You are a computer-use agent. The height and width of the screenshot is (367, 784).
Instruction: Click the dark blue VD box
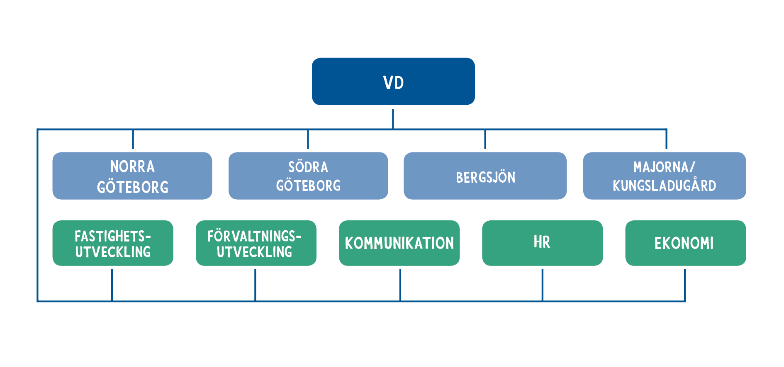pos(393,81)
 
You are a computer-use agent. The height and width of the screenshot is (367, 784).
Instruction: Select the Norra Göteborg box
pos(132,176)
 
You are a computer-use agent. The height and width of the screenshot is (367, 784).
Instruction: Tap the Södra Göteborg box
pos(308,176)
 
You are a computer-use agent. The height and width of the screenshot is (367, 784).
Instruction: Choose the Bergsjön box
pos(485,176)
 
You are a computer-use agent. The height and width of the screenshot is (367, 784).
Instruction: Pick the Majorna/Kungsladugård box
pos(665,176)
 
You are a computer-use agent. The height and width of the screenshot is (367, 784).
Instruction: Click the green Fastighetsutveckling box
pos(113,243)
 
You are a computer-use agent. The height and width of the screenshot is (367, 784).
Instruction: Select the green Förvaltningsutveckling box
pos(256,243)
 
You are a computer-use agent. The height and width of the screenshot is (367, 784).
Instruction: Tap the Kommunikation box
pos(399,243)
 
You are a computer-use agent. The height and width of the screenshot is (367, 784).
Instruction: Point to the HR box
pos(542,243)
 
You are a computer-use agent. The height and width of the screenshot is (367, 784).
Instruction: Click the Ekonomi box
pos(686,243)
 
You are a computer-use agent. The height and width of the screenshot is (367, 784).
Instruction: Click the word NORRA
pos(132,167)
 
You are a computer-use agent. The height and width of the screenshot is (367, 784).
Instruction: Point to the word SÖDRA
pos(308,167)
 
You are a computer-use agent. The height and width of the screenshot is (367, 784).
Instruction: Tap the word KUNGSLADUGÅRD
pos(665,185)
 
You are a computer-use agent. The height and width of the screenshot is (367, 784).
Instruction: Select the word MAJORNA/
pos(664,167)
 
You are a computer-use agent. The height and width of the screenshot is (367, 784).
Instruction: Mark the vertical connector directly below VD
pos(393,119)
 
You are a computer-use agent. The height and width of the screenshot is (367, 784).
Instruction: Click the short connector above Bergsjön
pos(485,139)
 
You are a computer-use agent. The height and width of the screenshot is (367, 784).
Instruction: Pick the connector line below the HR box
pos(542,285)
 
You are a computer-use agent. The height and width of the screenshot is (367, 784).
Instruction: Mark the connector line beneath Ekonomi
pos(685,285)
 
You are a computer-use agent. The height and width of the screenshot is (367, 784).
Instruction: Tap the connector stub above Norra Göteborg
pos(133,139)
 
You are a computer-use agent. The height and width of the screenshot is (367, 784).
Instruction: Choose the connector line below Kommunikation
pos(400,285)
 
